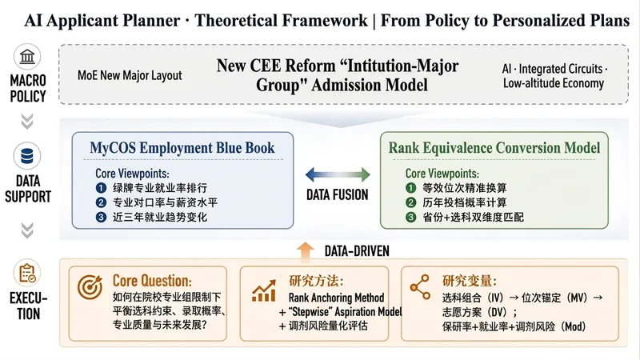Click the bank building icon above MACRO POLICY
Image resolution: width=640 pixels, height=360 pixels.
(x=27, y=56)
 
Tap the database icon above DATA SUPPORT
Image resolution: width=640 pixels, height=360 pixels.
(x=27, y=155)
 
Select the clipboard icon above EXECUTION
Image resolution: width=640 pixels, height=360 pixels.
(x=27, y=273)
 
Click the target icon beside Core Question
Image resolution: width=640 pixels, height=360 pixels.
(x=90, y=286)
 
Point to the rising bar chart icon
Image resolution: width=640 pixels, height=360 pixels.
(x=264, y=290)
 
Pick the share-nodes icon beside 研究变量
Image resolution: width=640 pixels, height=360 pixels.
(x=421, y=287)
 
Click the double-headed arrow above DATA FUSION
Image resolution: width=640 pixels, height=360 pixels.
(x=338, y=174)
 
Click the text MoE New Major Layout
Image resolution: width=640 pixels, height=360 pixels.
(x=130, y=75)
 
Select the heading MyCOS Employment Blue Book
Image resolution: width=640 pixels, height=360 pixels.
(x=182, y=148)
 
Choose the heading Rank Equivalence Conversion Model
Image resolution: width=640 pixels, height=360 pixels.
(x=494, y=148)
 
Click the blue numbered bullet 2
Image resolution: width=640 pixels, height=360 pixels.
(x=101, y=202)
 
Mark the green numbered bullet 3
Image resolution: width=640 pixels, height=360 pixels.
(x=410, y=217)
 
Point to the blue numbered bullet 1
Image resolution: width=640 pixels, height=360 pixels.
(x=101, y=188)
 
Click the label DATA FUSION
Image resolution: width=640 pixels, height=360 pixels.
(x=338, y=195)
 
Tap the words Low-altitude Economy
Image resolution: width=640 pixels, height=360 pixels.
(x=554, y=83)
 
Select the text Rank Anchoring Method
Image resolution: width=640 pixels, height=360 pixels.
(x=336, y=298)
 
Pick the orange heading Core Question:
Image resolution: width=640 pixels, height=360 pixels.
(x=152, y=281)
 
